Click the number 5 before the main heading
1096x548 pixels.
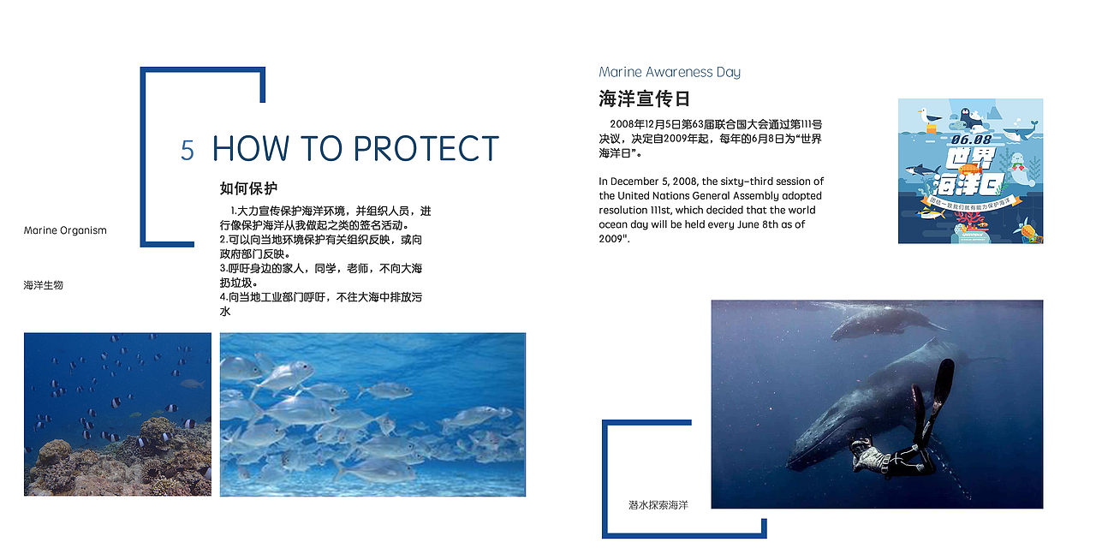(187, 150)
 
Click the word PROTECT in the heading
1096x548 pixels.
(426, 148)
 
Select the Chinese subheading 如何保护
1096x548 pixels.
(248, 188)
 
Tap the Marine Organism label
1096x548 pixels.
(65, 230)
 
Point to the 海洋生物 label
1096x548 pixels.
(44, 285)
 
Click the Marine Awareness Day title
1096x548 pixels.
(670, 73)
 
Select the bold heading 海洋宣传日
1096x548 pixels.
(644, 98)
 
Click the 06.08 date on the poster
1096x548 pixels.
(971, 140)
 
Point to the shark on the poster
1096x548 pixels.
(922, 170)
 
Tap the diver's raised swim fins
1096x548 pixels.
(933, 402)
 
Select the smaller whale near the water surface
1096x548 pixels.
(888, 324)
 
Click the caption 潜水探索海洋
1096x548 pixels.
(658, 505)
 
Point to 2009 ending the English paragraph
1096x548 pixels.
(611, 239)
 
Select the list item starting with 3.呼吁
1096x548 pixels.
(321, 276)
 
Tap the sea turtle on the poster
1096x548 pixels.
(1027, 231)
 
